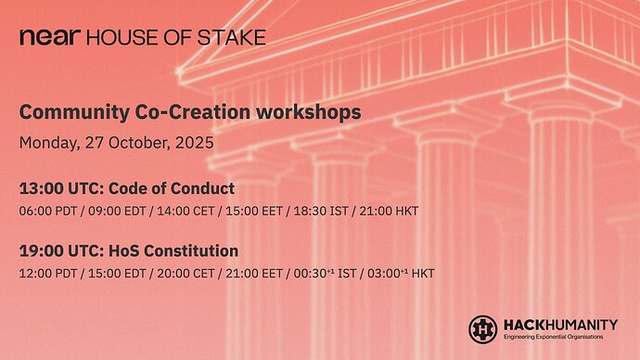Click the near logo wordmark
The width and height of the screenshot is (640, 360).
(51, 37)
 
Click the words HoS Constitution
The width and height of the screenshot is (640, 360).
(171, 251)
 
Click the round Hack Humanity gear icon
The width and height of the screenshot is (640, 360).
(482, 328)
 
